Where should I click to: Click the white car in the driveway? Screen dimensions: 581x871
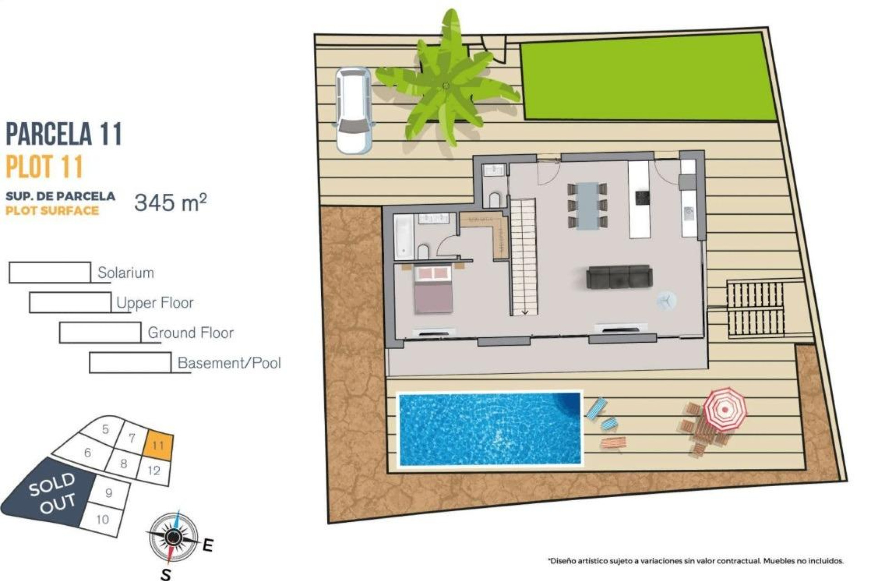coord(353,110)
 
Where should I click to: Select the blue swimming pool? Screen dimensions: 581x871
coord(489,429)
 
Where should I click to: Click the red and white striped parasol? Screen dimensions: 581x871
coord(724,409)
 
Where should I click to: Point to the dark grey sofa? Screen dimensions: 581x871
coord(619,276)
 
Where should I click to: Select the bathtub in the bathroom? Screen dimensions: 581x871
coord(403,236)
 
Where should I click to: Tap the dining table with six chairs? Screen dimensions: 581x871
coord(587,206)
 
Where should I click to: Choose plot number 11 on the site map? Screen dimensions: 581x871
coord(158,445)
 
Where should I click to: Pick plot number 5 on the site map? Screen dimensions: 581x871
coord(105,429)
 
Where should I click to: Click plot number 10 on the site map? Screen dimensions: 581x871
coord(103,519)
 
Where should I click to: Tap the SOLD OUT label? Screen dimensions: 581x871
coord(52,493)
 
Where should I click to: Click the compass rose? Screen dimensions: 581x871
coord(173,537)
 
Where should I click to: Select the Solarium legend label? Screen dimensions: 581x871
coord(126,273)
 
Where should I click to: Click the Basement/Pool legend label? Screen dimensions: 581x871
coord(229,363)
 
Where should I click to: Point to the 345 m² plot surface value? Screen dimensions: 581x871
coord(171,202)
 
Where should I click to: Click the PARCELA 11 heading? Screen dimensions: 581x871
coord(64,134)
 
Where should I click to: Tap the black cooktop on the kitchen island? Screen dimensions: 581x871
coord(642,198)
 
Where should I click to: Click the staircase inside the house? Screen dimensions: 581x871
coord(524,256)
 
